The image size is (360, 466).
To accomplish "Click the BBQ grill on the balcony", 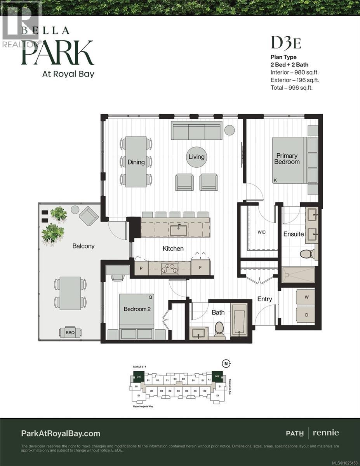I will (x=70, y=332).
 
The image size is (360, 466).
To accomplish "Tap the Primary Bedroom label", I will (x=287, y=158).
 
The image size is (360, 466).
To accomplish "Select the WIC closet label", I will (x=261, y=232).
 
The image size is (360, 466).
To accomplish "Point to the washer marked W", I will (x=306, y=297).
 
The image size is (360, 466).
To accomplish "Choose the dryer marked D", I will (x=306, y=315).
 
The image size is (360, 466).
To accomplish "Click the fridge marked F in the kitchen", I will (x=200, y=268).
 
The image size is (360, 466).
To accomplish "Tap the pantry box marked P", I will (x=141, y=268).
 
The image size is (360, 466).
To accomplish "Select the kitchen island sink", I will (x=179, y=230).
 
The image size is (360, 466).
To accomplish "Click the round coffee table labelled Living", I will (x=196, y=157).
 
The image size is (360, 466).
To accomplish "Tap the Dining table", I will (x=136, y=161).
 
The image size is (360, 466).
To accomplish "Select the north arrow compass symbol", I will (x=226, y=363).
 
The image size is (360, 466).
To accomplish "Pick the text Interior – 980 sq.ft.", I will (x=292, y=72).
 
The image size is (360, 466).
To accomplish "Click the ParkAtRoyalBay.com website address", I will (x=60, y=433).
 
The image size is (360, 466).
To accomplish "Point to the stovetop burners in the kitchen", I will (x=169, y=268).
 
